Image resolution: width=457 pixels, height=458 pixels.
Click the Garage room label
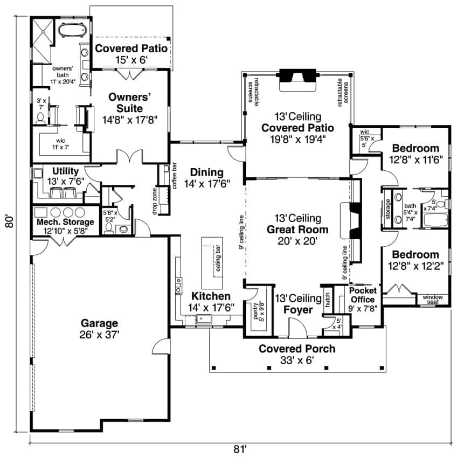100,323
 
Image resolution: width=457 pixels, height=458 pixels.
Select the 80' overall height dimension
9,223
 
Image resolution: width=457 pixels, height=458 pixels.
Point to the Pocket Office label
363,295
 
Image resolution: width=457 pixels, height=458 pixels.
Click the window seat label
433,299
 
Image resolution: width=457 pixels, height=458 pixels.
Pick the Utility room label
66,171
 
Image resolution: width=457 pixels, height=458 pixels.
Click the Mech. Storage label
65,222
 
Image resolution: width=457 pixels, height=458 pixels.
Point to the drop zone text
155,202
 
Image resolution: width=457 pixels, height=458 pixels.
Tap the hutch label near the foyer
327,300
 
